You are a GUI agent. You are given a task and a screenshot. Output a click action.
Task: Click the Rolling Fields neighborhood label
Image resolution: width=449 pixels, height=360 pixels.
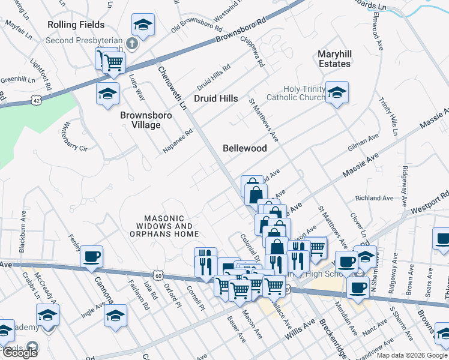78,25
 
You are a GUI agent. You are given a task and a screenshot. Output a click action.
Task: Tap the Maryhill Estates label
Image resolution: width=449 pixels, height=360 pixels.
334,59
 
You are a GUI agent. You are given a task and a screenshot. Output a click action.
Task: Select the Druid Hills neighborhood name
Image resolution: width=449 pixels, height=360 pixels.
216,98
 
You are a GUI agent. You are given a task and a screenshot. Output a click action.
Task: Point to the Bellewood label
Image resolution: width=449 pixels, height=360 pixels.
244,148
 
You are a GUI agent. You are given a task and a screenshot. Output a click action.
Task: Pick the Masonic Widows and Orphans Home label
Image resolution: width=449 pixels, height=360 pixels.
172,226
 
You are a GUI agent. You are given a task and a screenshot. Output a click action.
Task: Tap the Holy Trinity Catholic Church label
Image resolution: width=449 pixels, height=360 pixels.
295,93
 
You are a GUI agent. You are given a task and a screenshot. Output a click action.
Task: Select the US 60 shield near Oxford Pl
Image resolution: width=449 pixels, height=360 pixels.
157,275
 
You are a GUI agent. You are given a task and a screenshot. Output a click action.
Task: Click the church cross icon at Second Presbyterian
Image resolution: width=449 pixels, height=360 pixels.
133,44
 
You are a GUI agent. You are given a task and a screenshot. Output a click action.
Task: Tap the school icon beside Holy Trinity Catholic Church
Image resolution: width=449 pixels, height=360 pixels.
337,92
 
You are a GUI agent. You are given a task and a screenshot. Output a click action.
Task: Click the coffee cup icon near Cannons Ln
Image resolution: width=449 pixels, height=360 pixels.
91,257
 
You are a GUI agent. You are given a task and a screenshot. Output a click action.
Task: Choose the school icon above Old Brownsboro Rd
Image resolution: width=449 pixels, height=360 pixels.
143,25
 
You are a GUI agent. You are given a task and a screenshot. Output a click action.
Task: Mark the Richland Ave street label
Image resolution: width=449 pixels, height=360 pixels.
374,198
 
